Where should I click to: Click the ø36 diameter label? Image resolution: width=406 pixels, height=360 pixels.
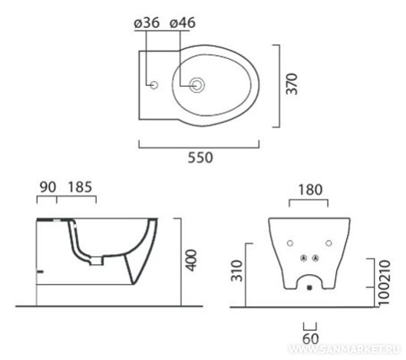(147, 23)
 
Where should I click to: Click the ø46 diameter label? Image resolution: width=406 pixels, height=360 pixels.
(183, 23)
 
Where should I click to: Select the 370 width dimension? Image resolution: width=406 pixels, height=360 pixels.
(292, 84)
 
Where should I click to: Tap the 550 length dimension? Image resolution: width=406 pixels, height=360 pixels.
(200, 157)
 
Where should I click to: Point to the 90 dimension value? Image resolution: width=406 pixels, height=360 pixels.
(48, 187)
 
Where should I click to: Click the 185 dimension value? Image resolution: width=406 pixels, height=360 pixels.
(80, 187)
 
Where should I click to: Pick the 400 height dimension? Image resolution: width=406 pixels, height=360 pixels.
(192, 260)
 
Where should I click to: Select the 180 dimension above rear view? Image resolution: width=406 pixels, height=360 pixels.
(310, 190)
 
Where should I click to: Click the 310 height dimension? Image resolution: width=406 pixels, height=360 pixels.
(237, 271)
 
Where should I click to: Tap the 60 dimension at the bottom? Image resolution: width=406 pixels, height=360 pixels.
(311, 339)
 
